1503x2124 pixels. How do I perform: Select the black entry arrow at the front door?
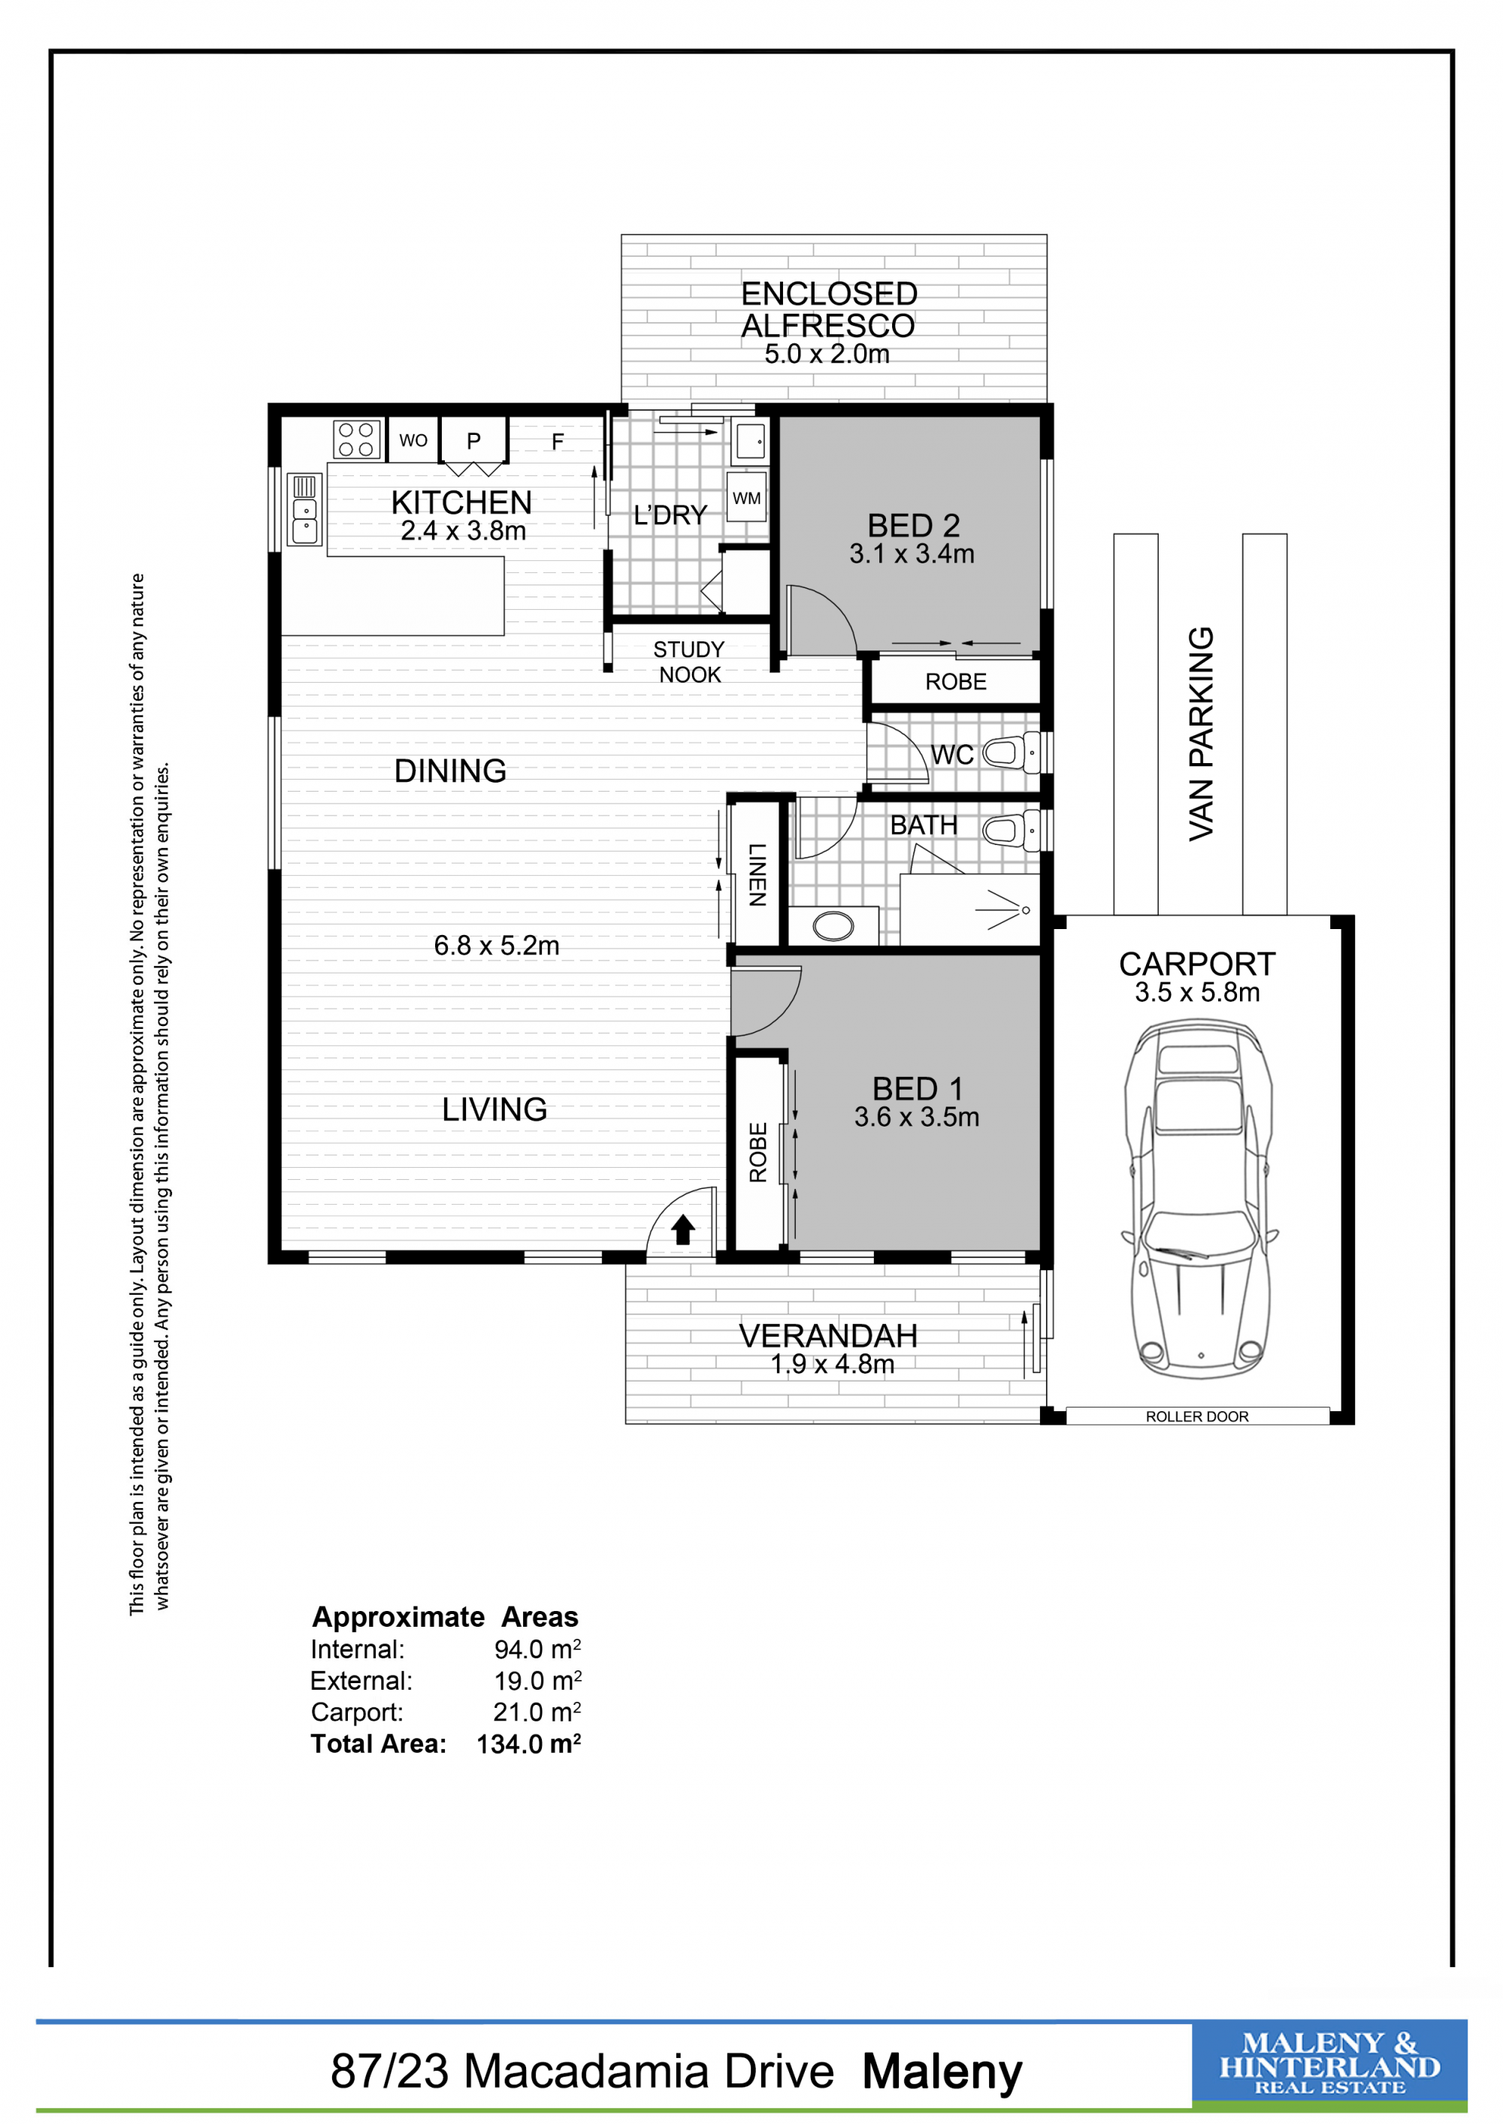coord(683,1229)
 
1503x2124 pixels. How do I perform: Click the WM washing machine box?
coord(747,498)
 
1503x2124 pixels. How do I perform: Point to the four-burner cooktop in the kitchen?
coord(356,440)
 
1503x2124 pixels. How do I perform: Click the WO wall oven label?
coord(413,440)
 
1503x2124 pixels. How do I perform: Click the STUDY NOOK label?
coord(689,662)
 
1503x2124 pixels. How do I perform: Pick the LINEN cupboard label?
coord(757,874)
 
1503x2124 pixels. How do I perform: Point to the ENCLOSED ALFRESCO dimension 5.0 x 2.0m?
coord(827,354)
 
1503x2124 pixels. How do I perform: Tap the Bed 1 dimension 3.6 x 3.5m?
coord(916,1117)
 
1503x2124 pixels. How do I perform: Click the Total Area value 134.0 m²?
coord(528,1744)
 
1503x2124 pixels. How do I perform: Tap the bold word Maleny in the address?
coord(942,2072)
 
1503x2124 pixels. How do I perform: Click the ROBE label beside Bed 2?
coord(956,682)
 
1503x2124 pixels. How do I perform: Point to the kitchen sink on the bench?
coord(304,508)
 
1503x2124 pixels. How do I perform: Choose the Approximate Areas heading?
coord(445,1616)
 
